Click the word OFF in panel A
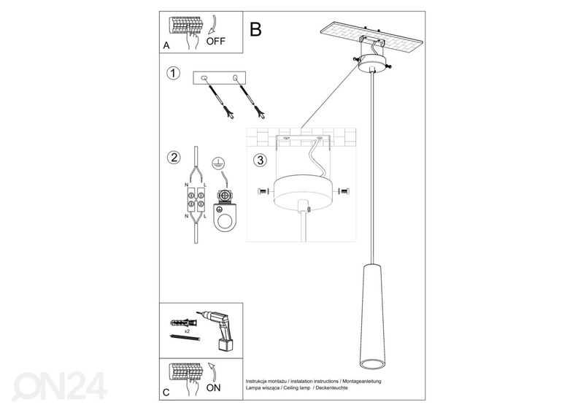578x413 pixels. click(x=216, y=41)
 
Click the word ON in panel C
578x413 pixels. click(x=214, y=388)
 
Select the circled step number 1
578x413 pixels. click(x=173, y=73)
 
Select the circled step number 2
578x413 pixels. click(x=173, y=157)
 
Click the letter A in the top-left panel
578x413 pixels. click(x=166, y=45)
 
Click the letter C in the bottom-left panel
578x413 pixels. click(x=166, y=393)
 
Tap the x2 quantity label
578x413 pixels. click(x=187, y=331)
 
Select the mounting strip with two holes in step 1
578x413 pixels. click(x=220, y=77)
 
